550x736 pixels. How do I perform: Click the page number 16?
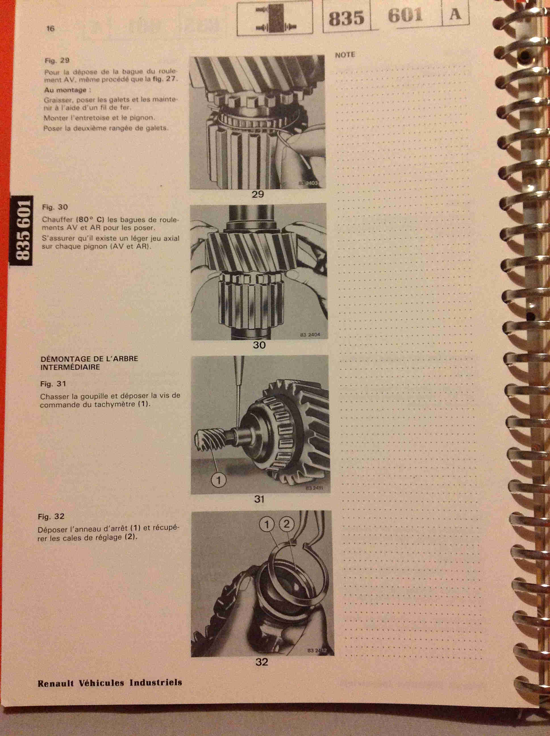pyautogui.click(x=50, y=29)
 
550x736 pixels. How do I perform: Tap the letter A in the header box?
pyautogui.click(x=455, y=14)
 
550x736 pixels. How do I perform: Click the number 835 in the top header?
pyautogui.click(x=346, y=18)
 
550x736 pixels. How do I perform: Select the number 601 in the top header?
pyautogui.click(x=405, y=16)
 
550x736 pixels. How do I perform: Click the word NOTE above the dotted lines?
pyautogui.click(x=345, y=55)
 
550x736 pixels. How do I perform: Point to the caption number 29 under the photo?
pyautogui.click(x=258, y=194)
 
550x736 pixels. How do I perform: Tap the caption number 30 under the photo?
pyautogui.click(x=259, y=345)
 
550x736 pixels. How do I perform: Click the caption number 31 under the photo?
pyautogui.click(x=259, y=499)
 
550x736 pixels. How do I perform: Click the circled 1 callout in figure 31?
pyautogui.click(x=219, y=480)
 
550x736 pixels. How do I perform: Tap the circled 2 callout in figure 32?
pyautogui.click(x=286, y=524)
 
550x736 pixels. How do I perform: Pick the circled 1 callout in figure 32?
pyautogui.click(x=267, y=525)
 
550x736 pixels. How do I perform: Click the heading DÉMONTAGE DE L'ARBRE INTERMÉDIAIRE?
pyautogui.click(x=89, y=363)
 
